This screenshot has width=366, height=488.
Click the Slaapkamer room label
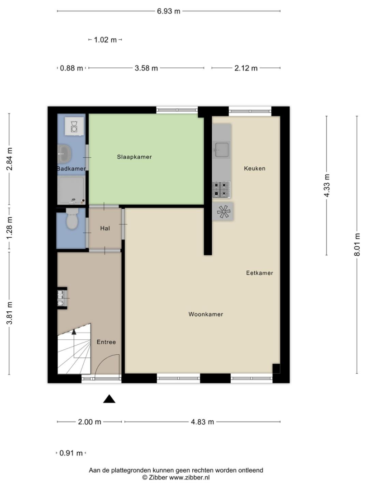point(134,157)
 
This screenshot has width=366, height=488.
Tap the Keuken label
point(255,169)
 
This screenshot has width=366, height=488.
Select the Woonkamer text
point(205,314)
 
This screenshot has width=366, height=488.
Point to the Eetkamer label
point(260,273)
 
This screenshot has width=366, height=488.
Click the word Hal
point(105,229)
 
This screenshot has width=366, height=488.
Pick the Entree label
point(106,342)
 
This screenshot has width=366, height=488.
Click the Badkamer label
point(71,169)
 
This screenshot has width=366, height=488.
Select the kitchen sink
point(222,150)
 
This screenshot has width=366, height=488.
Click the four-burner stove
point(222,189)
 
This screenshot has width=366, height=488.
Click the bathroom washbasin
point(64,154)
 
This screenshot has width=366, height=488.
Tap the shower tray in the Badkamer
point(71,190)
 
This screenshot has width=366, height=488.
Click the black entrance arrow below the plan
point(109,399)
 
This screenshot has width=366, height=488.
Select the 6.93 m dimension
point(168,11)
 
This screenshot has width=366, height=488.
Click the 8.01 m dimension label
point(357,244)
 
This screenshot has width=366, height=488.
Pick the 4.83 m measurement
point(203,422)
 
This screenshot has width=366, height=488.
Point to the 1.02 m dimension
point(105,40)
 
